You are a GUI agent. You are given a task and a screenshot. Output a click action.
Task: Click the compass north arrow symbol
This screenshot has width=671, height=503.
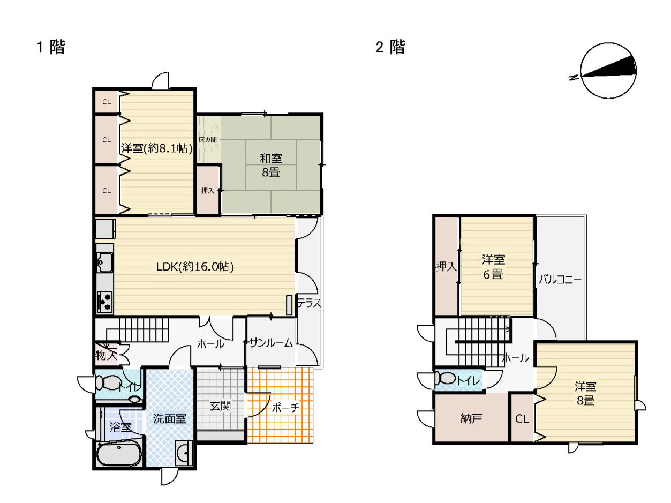[x=608, y=70]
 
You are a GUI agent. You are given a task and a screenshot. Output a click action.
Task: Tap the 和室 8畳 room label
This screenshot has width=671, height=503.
[x=270, y=165]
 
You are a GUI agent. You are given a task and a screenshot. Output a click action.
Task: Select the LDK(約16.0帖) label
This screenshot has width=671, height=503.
[x=195, y=267]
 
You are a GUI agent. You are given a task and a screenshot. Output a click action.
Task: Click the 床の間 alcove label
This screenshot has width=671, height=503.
[x=207, y=140]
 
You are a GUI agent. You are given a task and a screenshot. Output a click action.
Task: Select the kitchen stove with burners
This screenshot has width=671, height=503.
[x=104, y=302]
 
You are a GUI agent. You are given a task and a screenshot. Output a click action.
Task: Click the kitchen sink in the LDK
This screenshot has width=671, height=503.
[x=104, y=262]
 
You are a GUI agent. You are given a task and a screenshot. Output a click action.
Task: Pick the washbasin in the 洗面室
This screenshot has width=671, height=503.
[x=184, y=453]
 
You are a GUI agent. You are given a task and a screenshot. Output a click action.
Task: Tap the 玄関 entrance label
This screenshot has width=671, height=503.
[x=220, y=406]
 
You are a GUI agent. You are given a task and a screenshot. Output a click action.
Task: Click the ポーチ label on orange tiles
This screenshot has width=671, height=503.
[x=285, y=408]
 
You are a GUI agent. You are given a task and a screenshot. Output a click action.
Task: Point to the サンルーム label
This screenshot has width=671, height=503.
[x=271, y=343]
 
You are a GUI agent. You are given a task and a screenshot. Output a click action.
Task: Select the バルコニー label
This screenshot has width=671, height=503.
[x=560, y=279]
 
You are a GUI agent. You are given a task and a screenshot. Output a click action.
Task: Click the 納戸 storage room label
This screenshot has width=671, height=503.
[x=471, y=418]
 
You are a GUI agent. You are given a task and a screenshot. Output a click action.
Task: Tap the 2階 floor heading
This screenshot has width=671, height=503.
[x=390, y=47]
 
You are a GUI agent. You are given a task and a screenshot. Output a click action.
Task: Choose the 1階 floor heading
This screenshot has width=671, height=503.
[x=51, y=47]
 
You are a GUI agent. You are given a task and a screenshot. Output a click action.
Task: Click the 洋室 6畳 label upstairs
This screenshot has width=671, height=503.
[x=493, y=267]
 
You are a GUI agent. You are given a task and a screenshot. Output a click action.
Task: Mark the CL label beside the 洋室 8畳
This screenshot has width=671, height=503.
[x=522, y=418]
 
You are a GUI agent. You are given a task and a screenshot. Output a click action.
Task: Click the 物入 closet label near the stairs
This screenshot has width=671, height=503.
[x=106, y=355]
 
